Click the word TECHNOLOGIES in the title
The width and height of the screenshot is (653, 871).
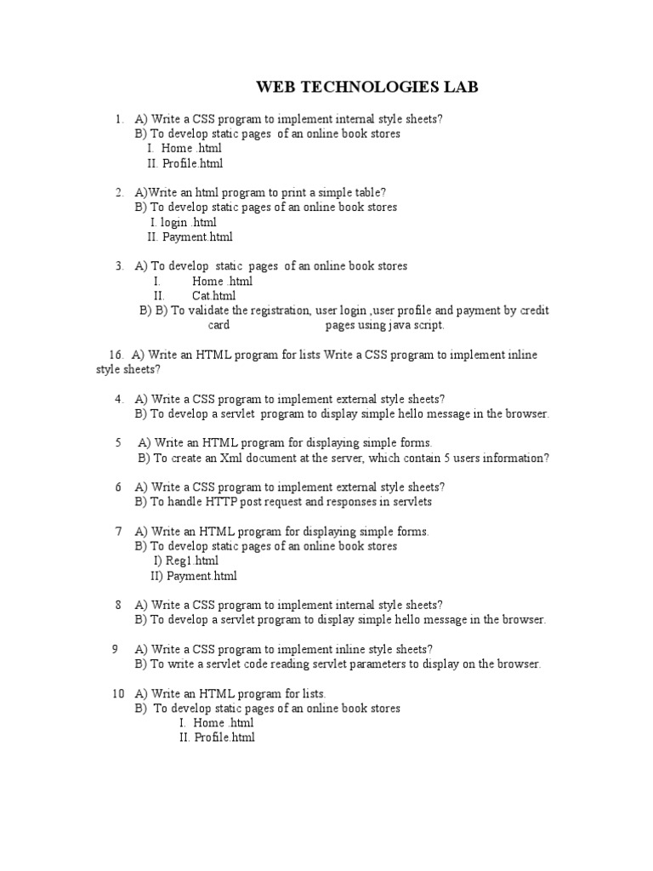point(365,88)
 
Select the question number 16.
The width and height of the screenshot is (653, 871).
point(116,355)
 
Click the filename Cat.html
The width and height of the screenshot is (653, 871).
point(213,296)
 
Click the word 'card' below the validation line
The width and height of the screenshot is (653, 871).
point(219,325)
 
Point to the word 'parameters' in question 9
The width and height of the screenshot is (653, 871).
point(367,664)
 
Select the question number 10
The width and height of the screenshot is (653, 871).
point(118,694)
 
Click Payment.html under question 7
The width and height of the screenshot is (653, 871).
point(202,576)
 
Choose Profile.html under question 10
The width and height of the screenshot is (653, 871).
point(224,737)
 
